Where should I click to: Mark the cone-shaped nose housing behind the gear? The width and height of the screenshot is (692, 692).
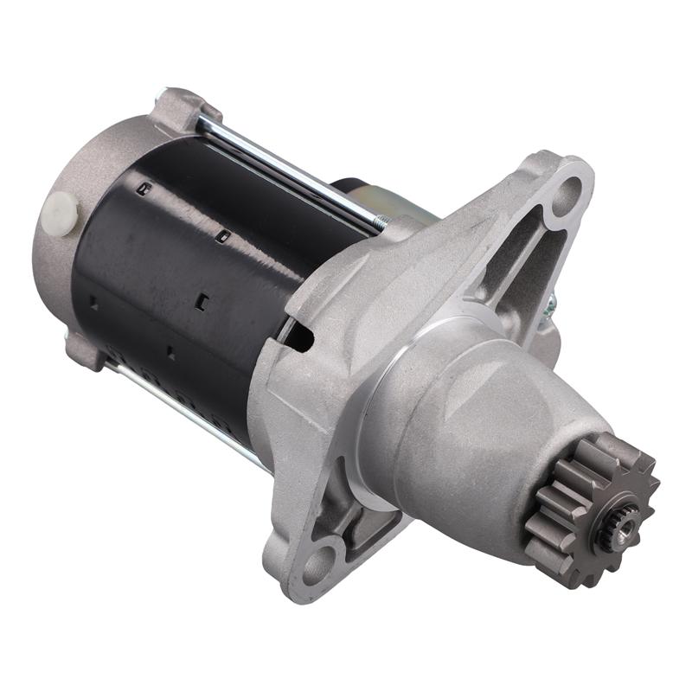click(467, 424)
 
